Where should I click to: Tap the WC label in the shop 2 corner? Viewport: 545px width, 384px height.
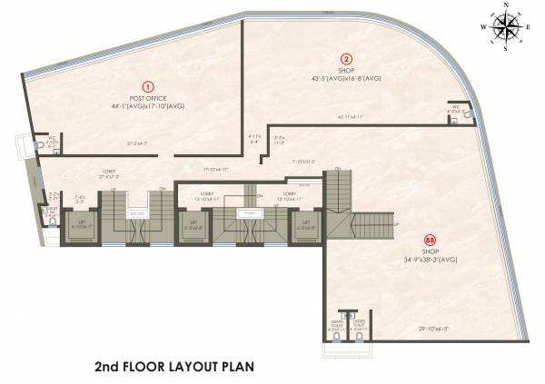point(457,110)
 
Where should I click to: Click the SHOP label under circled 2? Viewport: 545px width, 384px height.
point(346,69)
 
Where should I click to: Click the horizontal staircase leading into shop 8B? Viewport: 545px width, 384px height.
point(367,222)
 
